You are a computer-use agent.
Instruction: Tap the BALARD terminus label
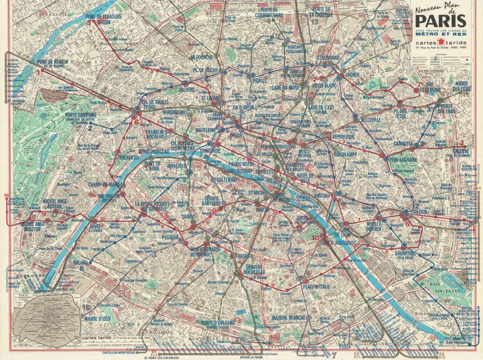coord(81,263)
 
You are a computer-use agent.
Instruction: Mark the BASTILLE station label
coord(322,196)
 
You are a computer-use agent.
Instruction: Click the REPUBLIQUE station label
coord(343,137)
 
